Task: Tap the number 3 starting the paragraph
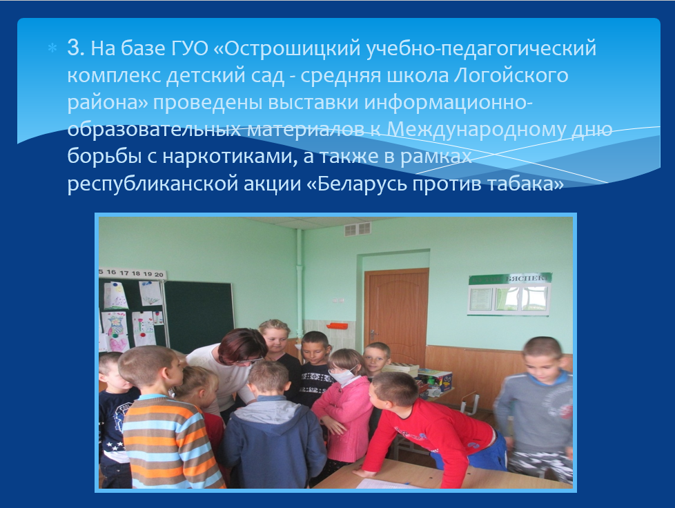point(74,48)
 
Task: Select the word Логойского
point(511,76)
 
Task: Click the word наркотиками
point(230,156)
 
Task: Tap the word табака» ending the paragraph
point(525,184)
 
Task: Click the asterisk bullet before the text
point(52,48)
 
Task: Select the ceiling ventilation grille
point(358,229)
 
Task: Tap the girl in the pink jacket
point(344,409)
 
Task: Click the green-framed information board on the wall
point(509,295)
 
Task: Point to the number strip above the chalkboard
point(132,273)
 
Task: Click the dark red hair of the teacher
point(242,344)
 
